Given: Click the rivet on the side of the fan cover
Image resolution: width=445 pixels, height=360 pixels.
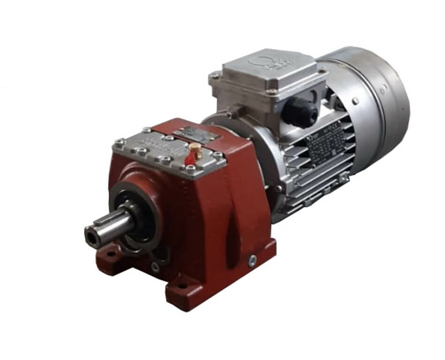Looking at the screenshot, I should pyautogui.click(x=356, y=101).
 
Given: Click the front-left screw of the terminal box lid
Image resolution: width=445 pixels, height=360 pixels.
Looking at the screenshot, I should pyautogui.click(x=214, y=76).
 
